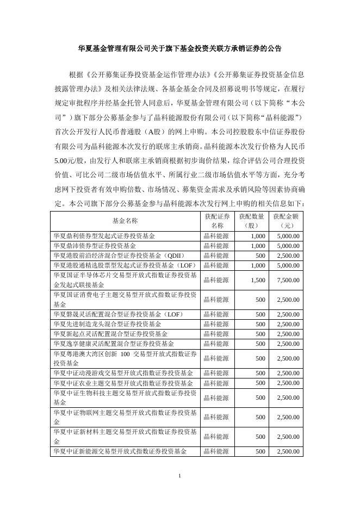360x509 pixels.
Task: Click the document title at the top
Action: (x=179, y=48)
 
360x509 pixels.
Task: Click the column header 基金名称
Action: (x=125, y=221)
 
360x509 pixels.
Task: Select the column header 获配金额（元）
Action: (x=287, y=221)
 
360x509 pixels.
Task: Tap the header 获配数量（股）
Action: (x=252, y=221)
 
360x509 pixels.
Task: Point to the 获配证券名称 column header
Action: (x=217, y=221)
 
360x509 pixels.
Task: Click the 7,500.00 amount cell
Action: (x=288, y=280)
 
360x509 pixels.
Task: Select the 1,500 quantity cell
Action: (x=258, y=280)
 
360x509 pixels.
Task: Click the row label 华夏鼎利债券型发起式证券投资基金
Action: (x=104, y=236)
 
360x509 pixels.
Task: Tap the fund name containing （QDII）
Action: (x=119, y=256)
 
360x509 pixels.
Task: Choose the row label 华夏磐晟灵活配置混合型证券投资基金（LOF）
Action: (x=119, y=314)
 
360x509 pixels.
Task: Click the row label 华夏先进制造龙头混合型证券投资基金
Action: (x=107, y=324)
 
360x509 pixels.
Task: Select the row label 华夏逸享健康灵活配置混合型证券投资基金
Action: (x=113, y=344)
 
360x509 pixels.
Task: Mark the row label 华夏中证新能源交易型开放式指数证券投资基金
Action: (x=120, y=451)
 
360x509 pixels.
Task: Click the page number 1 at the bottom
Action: (x=179, y=477)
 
